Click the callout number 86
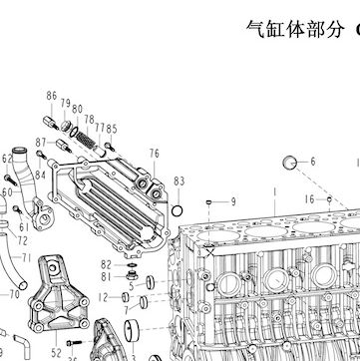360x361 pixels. (x=52, y=96)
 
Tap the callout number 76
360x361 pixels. (x=155, y=154)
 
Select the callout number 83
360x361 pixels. (x=179, y=181)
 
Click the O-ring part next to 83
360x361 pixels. (x=177, y=210)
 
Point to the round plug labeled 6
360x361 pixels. (x=289, y=163)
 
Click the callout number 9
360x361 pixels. (x=233, y=201)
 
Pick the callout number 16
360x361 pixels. (x=309, y=199)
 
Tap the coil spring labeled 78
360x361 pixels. (x=84, y=139)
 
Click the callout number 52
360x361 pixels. (x=57, y=353)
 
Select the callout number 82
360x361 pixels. (x=106, y=265)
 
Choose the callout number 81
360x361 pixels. (x=106, y=276)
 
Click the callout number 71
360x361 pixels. (x=27, y=257)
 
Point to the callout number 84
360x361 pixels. (x=40, y=175)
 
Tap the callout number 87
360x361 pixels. (x=41, y=143)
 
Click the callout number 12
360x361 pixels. (x=104, y=297)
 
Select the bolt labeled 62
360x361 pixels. (x=10, y=180)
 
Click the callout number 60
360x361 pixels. (x=7, y=192)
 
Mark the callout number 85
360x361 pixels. (x=112, y=129)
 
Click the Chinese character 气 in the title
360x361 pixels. (x=255, y=29)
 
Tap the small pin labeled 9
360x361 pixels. (x=209, y=201)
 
